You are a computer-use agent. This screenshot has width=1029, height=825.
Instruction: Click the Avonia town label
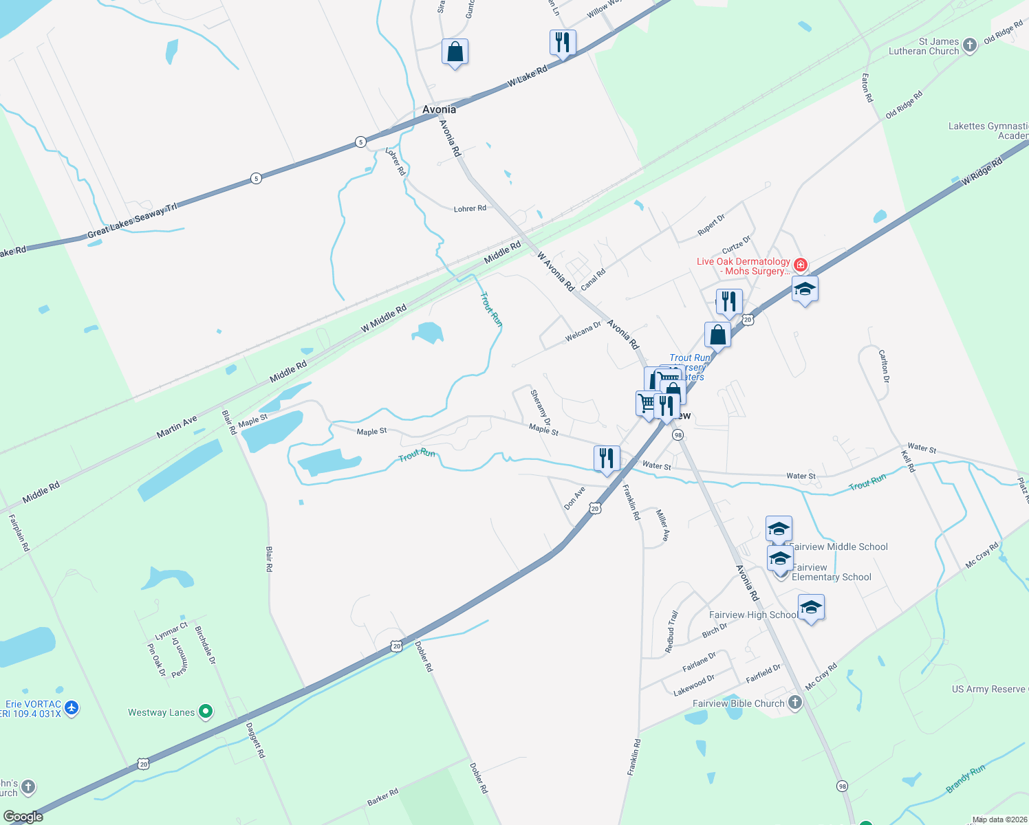[439, 109]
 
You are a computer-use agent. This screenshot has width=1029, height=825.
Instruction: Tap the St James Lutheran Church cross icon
[970, 45]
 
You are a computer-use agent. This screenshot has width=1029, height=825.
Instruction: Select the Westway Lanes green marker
[206, 712]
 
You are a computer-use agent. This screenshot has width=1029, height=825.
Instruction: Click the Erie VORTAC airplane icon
[72, 707]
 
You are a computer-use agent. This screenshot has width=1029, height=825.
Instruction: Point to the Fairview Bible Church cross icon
[795, 703]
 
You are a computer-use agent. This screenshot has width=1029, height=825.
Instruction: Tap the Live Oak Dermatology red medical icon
[800, 265]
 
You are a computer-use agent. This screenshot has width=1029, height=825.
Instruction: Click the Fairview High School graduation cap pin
[811, 608]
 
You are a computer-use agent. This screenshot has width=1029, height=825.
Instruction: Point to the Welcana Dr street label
[583, 331]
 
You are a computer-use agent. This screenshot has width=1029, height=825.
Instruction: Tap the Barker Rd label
[382, 797]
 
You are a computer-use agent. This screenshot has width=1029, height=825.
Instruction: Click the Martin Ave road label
[177, 426]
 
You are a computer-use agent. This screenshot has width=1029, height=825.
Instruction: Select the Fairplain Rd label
[19, 533]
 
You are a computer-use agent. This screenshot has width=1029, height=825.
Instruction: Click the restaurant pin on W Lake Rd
[563, 43]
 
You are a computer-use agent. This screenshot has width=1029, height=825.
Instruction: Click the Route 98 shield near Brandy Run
[842, 785]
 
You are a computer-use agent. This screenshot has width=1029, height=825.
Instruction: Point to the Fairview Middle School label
[838, 547]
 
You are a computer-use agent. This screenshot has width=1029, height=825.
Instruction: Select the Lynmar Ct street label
[171, 631]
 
